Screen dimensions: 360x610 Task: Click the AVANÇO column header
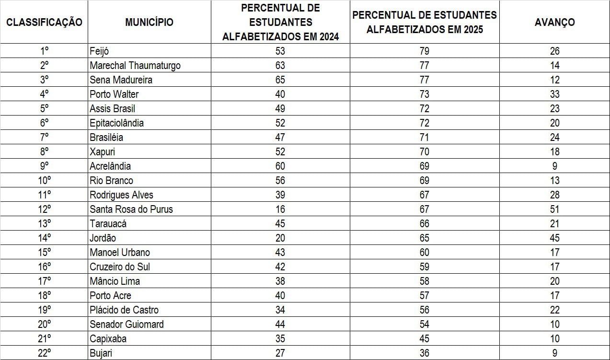tap(554, 22)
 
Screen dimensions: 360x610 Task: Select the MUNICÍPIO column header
tap(149, 22)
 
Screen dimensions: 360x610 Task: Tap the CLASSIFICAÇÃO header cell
tap(44, 22)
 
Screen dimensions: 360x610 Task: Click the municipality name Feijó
tap(99, 51)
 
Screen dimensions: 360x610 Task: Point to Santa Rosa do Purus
tap(131, 209)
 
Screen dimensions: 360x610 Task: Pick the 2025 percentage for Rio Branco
tap(424, 181)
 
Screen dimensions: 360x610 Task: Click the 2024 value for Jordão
tap(280, 238)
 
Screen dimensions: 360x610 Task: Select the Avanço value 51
tap(554, 209)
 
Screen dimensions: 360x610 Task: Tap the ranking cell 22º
tap(44, 353)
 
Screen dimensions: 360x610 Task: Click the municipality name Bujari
tap(101, 353)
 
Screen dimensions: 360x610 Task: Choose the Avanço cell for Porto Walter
tap(554, 94)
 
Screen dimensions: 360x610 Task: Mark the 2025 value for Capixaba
tap(424, 339)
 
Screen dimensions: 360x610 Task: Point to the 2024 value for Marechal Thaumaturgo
tap(280, 66)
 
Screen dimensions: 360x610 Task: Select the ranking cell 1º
tap(44, 51)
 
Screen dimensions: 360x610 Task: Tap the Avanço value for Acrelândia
tap(554, 166)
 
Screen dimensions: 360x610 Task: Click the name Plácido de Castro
tap(124, 310)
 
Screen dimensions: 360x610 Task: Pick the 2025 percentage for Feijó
tap(424, 51)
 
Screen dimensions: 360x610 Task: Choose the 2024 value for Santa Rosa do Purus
tap(280, 209)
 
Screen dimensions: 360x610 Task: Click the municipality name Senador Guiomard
tap(127, 325)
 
